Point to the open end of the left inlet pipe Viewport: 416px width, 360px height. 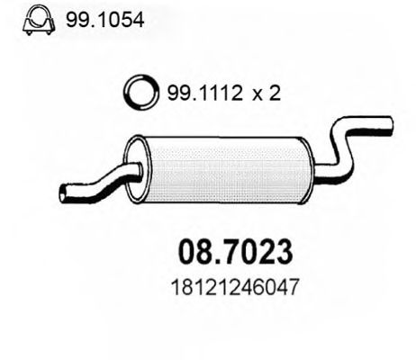point(64,192)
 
